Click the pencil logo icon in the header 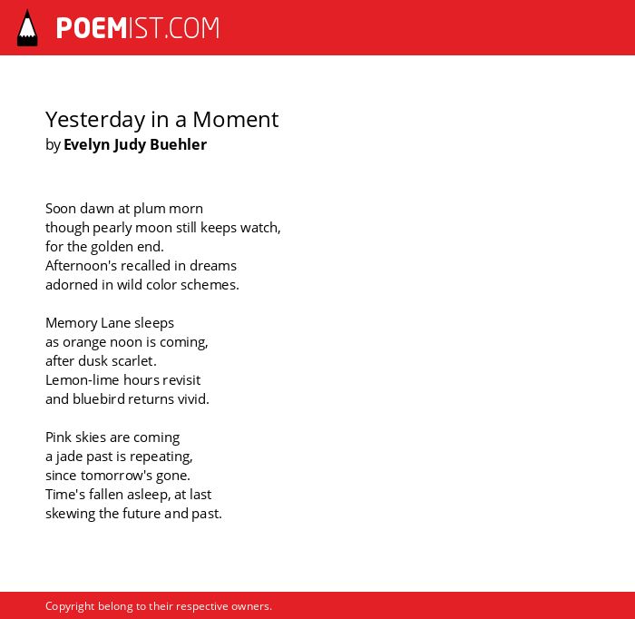point(27,28)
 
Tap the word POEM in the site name point(92,28)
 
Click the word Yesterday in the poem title point(95,121)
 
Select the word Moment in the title point(236,120)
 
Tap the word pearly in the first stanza point(112,229)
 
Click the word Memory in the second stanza point(72,324)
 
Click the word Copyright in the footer point(70,607)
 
